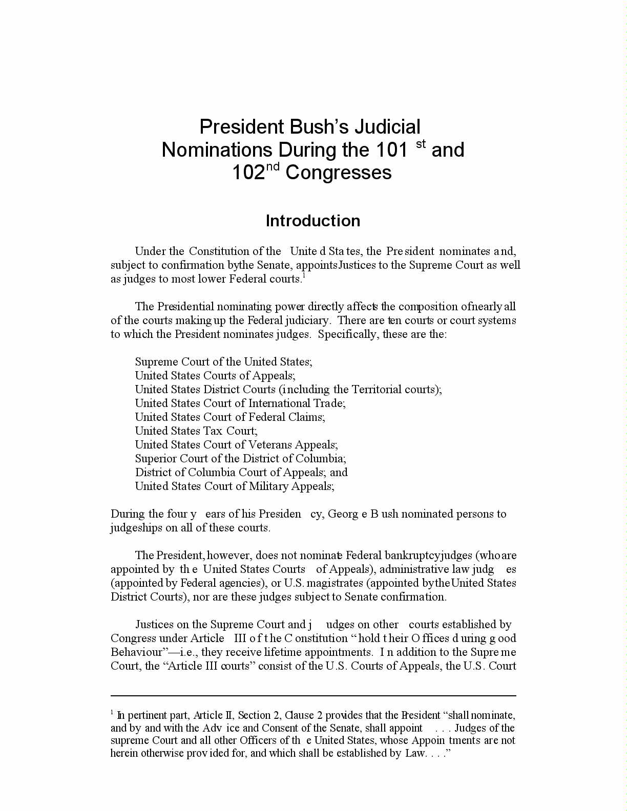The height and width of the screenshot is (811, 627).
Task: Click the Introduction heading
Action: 312,221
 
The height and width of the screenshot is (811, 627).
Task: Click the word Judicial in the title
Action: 388,127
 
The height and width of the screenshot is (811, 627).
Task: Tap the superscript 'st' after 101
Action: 421,144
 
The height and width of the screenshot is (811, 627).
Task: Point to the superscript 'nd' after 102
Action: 273,166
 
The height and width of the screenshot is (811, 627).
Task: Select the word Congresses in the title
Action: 339,173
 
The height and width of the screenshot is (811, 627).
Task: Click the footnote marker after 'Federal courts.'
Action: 304,276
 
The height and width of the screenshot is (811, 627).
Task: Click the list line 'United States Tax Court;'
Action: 196,431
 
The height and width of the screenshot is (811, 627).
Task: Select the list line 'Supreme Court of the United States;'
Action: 223,361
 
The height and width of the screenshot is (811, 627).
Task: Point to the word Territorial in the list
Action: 377,389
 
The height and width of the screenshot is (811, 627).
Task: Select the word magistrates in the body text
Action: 336,583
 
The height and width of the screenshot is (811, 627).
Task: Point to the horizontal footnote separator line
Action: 313,696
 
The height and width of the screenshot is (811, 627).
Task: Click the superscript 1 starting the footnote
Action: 112,712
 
